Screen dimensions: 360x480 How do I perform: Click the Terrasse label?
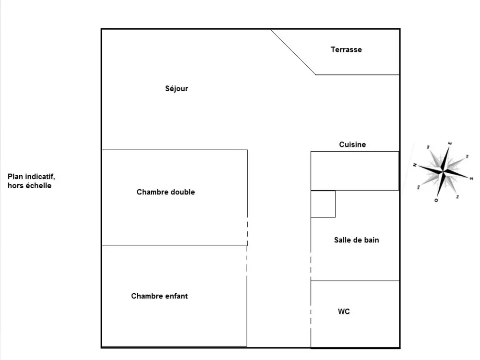point(346,49)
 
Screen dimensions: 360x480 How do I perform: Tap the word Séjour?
point(177,89)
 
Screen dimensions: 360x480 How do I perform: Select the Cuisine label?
point(352,144)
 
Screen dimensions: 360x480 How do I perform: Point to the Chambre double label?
point(166,192)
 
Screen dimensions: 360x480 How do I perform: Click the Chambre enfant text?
point(159,296)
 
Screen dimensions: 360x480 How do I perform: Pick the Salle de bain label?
point(356,240)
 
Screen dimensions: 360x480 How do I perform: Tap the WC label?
point(344,312)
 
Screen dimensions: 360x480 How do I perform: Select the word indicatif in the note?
point(41,177)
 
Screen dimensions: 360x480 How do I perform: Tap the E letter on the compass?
point(450,143)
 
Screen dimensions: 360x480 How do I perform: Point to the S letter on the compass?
point(471,178)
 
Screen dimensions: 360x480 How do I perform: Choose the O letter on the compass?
point(436,200)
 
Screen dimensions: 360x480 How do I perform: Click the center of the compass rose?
point(443,171)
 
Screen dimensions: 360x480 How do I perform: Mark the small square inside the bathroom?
point(323,204)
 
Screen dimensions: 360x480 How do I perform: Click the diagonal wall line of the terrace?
point(293,52)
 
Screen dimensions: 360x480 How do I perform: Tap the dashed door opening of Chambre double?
point(247,230)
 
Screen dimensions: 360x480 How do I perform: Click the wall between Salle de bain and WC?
point(355,281)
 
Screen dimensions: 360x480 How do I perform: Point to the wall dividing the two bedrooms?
point(174,246)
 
